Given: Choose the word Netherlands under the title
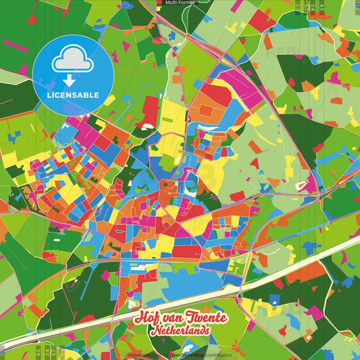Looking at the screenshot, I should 180,332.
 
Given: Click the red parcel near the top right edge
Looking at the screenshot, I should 261,21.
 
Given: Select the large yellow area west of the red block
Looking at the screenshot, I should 172,118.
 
